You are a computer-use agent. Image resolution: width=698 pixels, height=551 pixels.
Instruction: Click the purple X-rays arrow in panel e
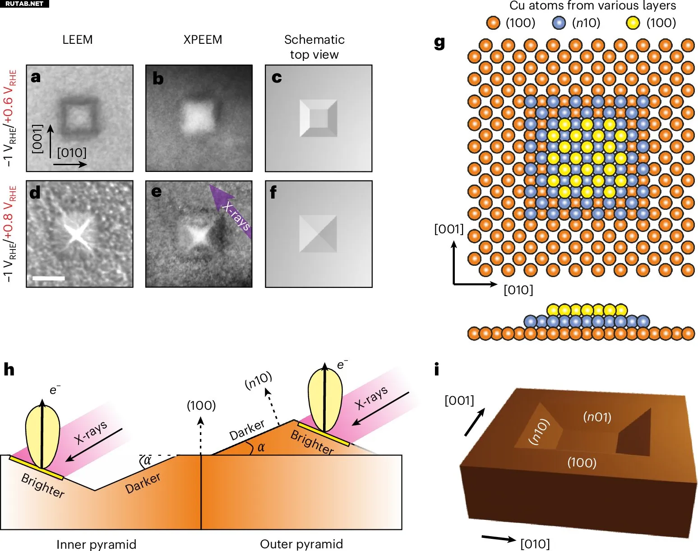click(x=230, y=211)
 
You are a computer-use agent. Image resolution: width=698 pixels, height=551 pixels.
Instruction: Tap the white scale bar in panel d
click(x=49, y=278)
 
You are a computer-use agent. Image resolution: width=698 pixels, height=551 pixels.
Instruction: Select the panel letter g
click(x=439, y=42)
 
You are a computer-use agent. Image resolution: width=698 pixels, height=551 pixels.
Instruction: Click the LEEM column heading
click(x=78, y=40)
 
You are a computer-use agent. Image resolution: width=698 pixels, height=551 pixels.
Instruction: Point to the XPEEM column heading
click(x=203, y=40)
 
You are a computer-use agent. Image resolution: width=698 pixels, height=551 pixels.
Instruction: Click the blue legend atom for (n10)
click(x=559, y=23)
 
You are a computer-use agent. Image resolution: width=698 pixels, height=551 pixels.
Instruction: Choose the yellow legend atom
click(x=633, y=23)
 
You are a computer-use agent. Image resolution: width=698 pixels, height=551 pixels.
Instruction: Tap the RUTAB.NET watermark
click(x=24, y=4)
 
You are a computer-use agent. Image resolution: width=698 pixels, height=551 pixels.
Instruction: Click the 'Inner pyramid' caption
click(x=97, y=544)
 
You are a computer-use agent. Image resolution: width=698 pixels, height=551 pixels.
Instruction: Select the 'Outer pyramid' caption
click(x=301, y=544)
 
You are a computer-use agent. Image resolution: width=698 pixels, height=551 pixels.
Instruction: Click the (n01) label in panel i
click(x=597, y=417)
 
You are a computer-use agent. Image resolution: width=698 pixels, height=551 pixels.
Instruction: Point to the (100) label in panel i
click(x=582, y=463)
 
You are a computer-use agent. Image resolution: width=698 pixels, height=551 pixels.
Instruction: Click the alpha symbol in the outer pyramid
click(x=261, y=448)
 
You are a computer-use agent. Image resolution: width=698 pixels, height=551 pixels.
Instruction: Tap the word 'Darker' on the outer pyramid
click(x=247, y=430)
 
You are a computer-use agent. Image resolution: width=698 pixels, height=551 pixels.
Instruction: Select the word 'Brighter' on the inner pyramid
click(x=43, y=486)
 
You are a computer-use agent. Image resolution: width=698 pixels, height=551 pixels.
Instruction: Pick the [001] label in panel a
click(x=38, y=139)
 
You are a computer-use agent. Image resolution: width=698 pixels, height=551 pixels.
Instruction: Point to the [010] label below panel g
click(x=518, y=290)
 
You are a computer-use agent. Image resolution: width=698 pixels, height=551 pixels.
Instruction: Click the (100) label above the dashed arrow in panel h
click(x=201, y=405)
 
